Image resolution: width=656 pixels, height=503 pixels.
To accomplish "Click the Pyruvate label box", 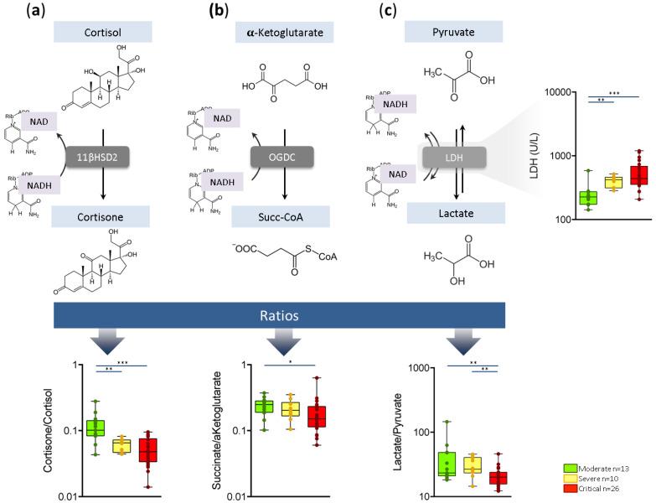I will point(454,32).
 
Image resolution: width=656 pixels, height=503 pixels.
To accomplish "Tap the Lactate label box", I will point(453,216).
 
